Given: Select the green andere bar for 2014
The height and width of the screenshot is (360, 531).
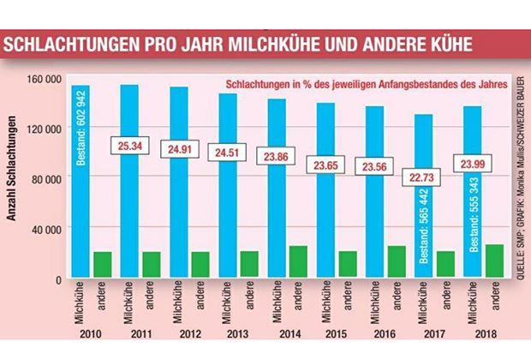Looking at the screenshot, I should point(297,262).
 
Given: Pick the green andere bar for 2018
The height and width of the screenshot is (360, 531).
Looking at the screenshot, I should point(494,261).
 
